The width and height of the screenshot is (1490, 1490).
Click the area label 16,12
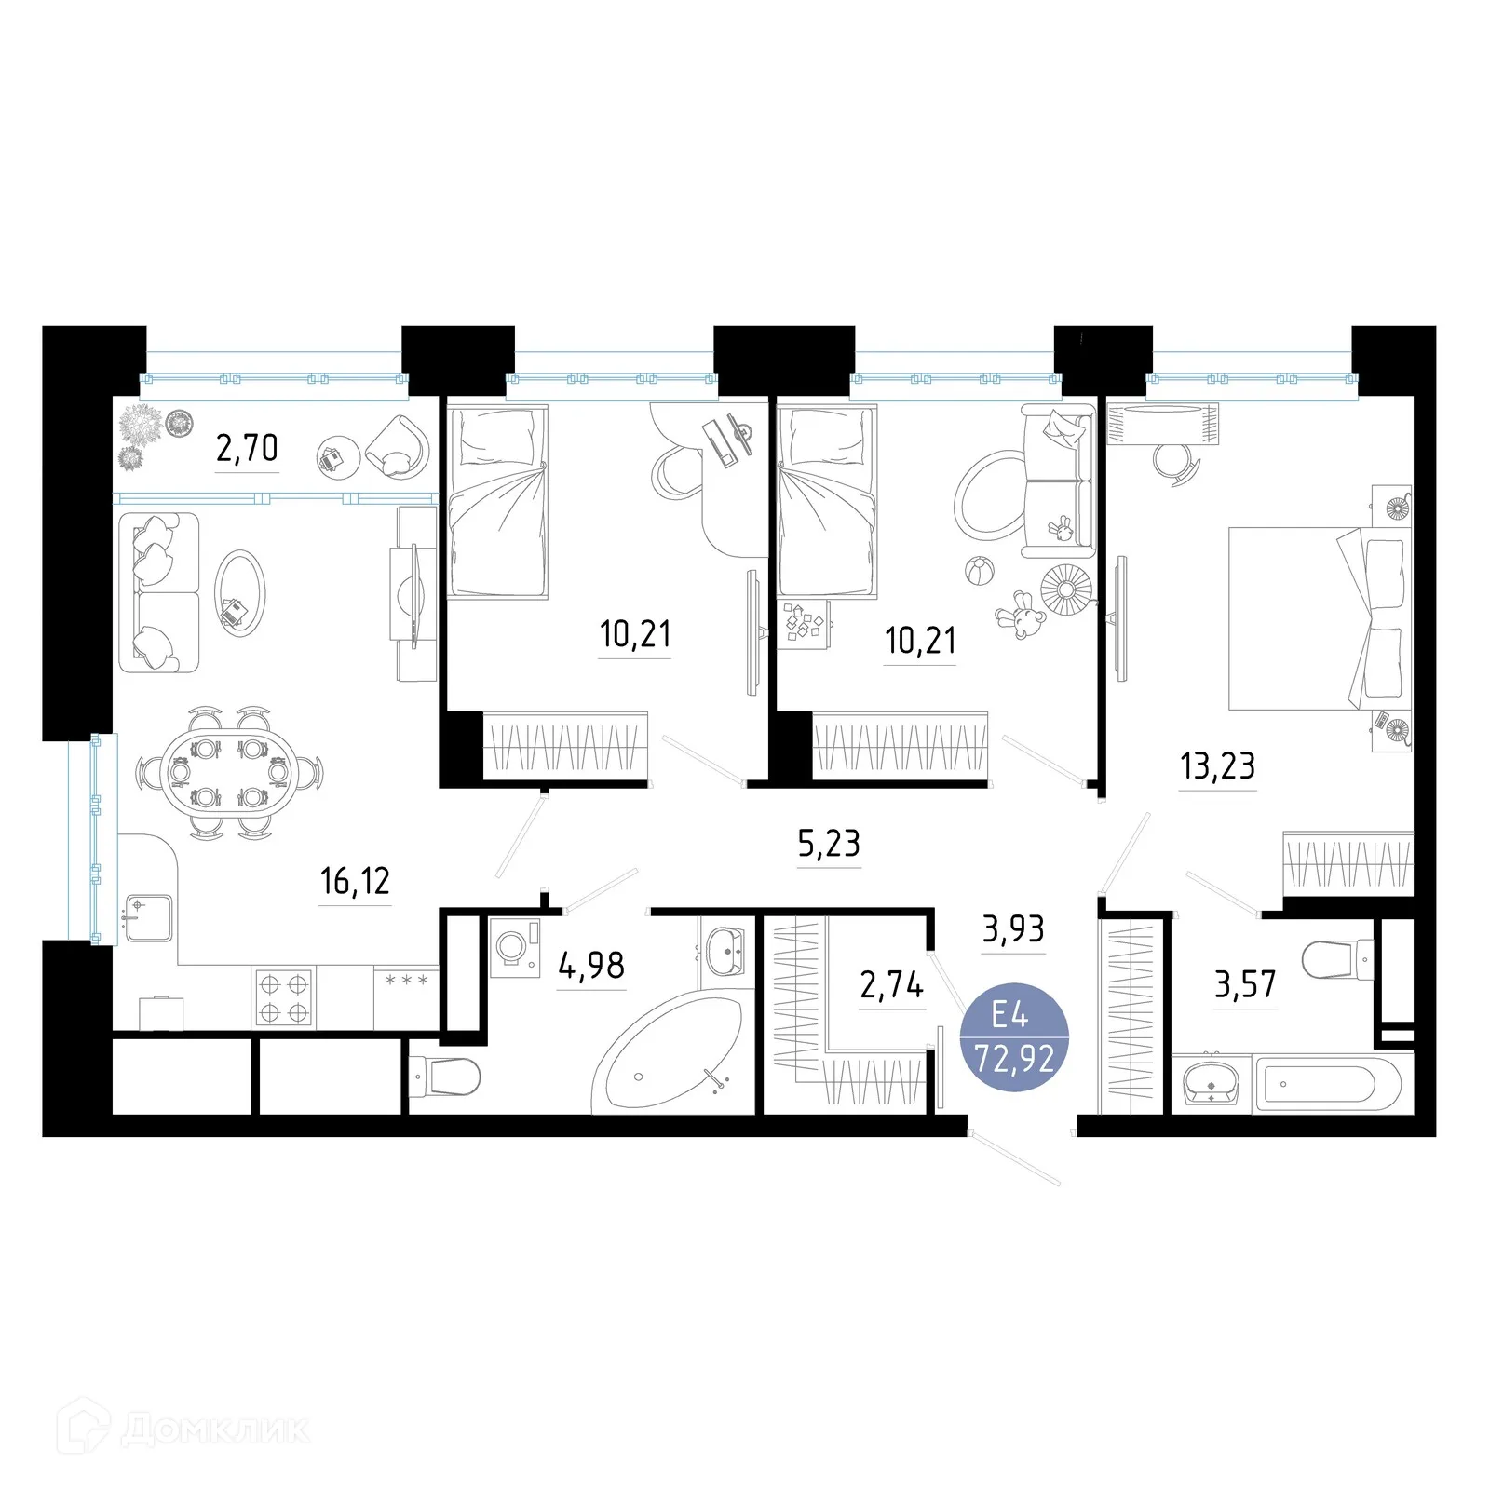coord(355,880)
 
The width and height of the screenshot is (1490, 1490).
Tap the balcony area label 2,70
coord(247,448)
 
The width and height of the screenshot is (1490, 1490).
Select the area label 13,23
coord(1217,765)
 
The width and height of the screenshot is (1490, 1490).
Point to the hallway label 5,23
coord(829,843)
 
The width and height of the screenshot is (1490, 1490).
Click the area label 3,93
coord(1013,928)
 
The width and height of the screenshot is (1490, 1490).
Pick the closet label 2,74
coord(891,984)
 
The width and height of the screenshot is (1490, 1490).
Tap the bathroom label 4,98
coord(591,966)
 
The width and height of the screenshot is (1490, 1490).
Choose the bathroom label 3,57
coord(1245,984)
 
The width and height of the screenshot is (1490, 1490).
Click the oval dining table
coord(229,772)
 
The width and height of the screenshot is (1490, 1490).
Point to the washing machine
coord(515,948)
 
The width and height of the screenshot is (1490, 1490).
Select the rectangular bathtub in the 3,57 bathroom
coord(1328,1083)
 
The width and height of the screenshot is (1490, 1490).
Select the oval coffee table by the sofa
coord(239,593)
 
